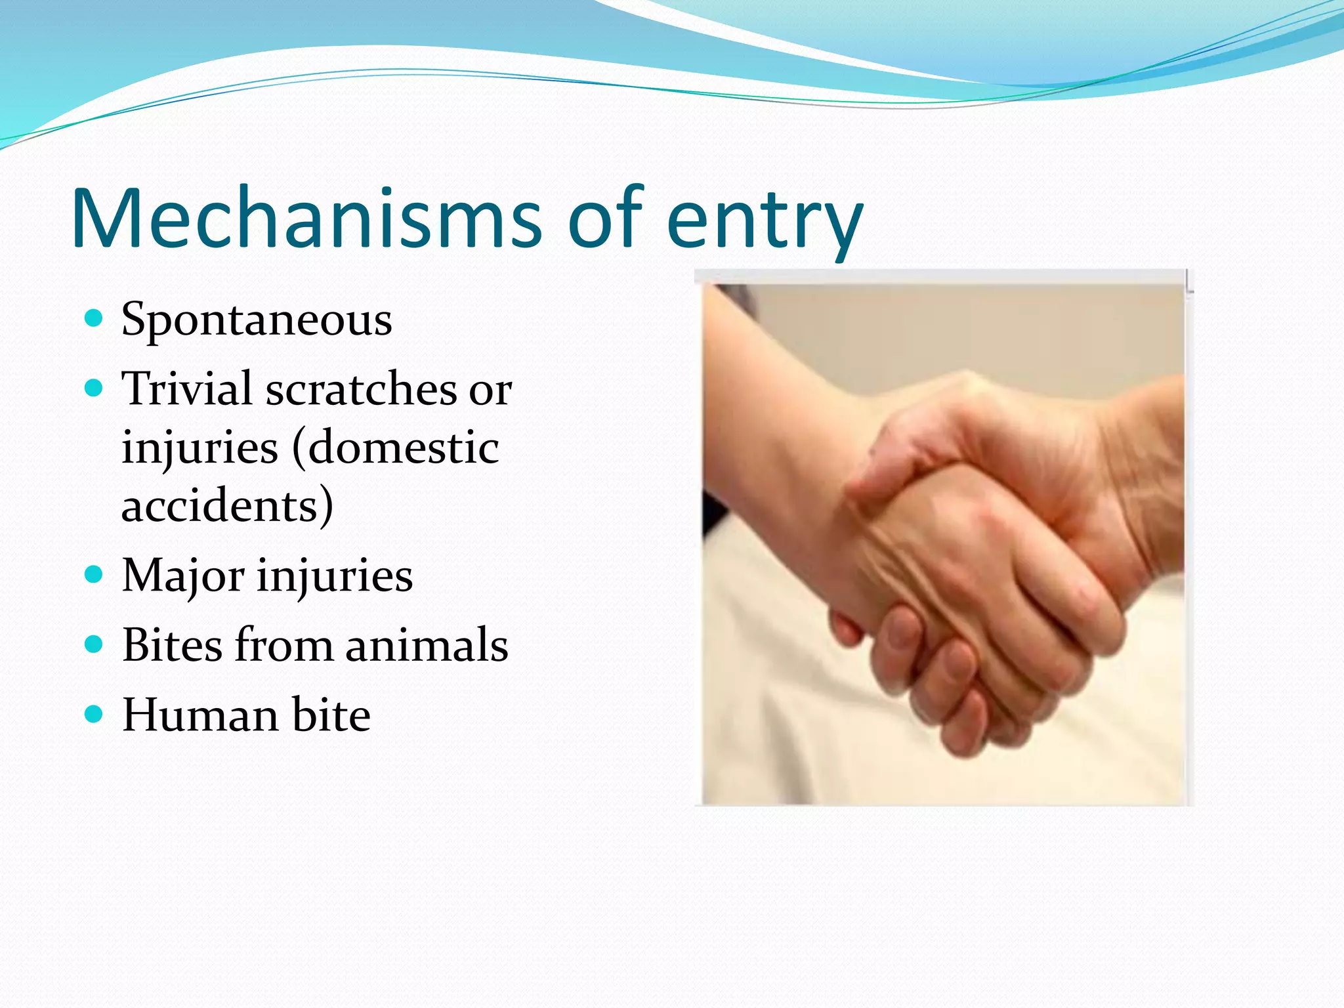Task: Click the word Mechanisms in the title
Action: [306, 218]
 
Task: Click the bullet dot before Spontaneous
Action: [94, 320]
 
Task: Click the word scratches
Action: [360, 390]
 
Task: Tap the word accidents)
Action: [227, 506]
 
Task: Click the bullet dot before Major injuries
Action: [94, 576]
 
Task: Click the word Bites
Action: [173, 645]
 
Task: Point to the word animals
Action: [427, 646]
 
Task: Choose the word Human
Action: [200, 715]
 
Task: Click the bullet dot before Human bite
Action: [94, 713]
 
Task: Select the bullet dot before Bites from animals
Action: [94, 644]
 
